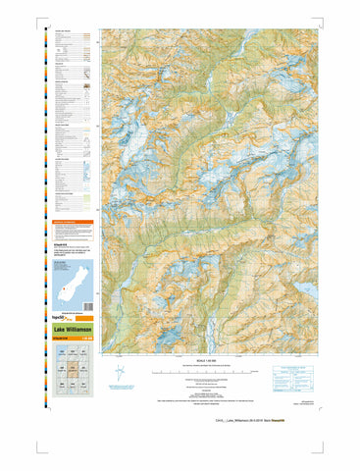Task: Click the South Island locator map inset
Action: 68,285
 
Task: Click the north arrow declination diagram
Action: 121,374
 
